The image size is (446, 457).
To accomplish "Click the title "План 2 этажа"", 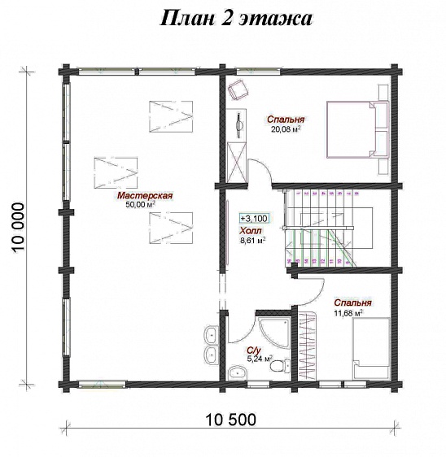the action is click(236, 19).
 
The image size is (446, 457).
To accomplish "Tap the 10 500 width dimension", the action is click(230, 420).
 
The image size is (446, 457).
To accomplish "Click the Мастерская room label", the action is click(145, 195).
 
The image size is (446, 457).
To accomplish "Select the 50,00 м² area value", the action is click(140, 204).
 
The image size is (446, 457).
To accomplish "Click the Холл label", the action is click(251, 231).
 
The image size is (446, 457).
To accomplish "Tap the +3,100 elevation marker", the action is click(254, 218).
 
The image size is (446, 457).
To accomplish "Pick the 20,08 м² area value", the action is click(286, 128).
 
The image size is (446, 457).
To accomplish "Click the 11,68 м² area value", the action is click(348, 313).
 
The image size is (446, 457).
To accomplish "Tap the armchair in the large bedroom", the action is click(238, 89).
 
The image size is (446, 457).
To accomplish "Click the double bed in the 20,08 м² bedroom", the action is click(358, 129).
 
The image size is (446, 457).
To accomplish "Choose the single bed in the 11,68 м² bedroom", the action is click(371, 349).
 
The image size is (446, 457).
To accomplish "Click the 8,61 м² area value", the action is click(252, 240).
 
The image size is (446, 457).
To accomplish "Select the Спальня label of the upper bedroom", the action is click(286, 120).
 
